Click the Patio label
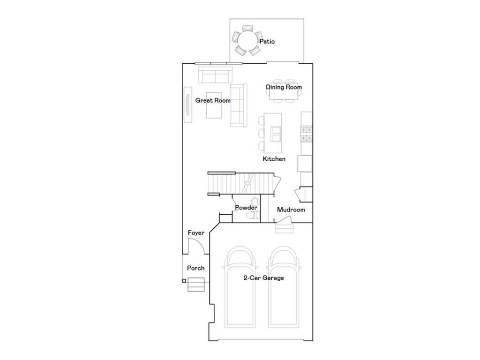tap(267, 42)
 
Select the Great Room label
tap(213, 100)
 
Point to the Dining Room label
tap(284, 87)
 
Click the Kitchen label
tap(274, 159)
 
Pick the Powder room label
tap(246, 208)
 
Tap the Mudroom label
tap(291, 210)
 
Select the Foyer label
tap(196, 233)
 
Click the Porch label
tap(195, 268)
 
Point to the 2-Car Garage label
tap(263, 278)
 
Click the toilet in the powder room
tap(254, 215)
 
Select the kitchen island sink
tap(276, 135)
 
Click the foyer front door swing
tap(196, 247)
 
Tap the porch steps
tap(196, 285)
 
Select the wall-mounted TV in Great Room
tap(187, 104)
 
